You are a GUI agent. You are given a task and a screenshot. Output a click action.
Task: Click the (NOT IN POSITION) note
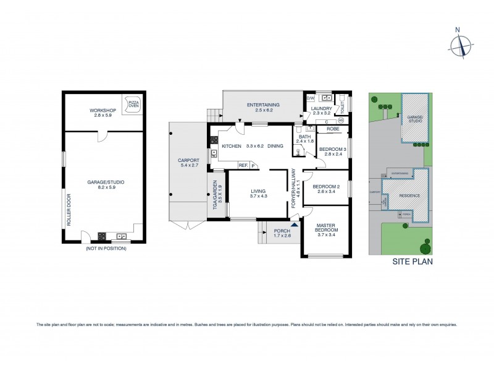[x=105, y=248]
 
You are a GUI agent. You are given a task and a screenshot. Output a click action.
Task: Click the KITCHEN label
[x=232, y=146]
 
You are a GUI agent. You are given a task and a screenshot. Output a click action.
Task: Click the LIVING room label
[x=259, y=192]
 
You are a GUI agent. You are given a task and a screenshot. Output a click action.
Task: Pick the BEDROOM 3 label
[x=332, y=149]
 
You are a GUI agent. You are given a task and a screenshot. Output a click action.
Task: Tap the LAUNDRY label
[x=322, y=109]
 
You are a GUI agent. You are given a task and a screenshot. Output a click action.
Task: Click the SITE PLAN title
[x=412, y=262]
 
